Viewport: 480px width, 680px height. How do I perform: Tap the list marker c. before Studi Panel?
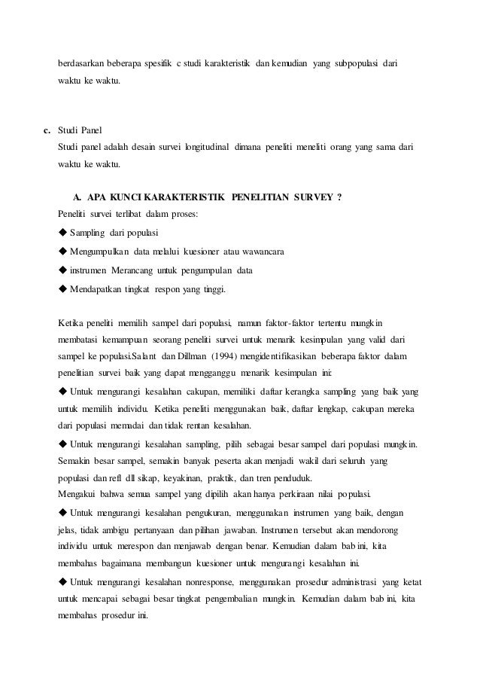pyautogui.click(x=47, y=131)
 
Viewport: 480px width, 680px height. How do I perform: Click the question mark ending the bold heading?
pyautogui.click(x=340, y=198)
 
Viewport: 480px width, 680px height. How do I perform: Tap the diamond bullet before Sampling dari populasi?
pyautogui.click(x=62, y=233)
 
